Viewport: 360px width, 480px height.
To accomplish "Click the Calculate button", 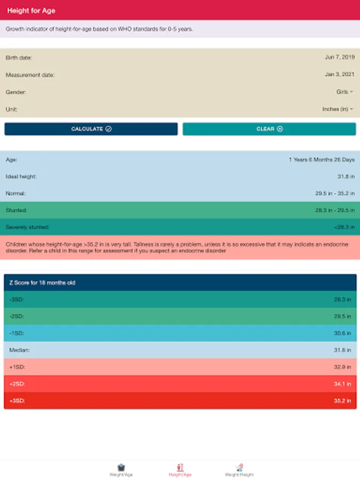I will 91,129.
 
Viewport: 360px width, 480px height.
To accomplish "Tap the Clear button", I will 269,129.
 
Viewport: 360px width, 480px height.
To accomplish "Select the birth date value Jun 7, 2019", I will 339,58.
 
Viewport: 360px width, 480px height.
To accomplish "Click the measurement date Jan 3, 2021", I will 339,75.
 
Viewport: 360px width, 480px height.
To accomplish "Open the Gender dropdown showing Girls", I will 345,92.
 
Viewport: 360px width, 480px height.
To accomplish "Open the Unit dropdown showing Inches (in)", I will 338,109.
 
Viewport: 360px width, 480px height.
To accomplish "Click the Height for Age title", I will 31,11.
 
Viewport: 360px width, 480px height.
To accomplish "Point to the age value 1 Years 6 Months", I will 321,159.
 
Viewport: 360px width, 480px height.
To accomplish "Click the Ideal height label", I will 21,177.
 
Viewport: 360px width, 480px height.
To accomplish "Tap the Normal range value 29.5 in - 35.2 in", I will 335,194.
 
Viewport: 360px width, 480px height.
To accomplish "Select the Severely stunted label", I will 27,227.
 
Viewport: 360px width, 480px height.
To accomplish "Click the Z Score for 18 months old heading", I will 42,283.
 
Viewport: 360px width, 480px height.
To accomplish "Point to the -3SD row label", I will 17,300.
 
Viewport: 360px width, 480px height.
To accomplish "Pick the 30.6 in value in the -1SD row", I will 342,333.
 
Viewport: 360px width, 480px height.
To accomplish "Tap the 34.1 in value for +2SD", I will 342,384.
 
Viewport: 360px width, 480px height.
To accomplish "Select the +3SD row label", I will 17,401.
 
